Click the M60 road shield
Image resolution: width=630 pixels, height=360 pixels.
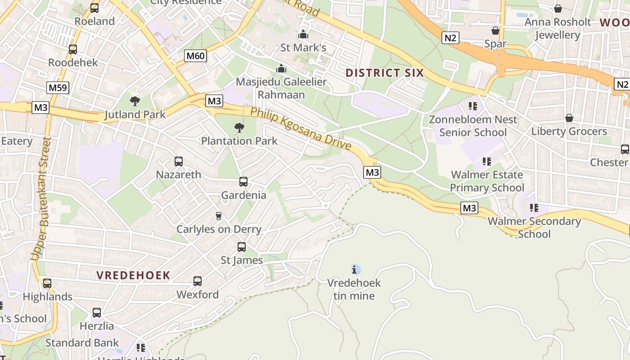(x=196, y=56)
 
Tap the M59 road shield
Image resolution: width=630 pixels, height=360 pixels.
(x=58, y=87)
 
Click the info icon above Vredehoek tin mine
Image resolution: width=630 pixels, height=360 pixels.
(x=355, y=270)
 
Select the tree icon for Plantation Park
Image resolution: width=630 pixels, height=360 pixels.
(x=239, y=128)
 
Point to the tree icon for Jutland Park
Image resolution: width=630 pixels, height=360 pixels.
(x=135, y=101)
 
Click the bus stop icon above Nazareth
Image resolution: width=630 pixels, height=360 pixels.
(x=179, y=162)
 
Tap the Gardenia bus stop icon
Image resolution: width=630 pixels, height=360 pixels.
(x=243, y=182)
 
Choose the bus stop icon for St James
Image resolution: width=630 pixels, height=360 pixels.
(x=242, y=247)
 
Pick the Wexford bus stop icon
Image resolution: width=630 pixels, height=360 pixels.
(x=198, y=281)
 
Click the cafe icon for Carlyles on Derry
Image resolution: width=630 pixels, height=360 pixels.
(x=219, y=216)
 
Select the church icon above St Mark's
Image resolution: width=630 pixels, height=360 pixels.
(x=303, y=34)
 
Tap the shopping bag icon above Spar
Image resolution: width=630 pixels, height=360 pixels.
(x=495, y=31)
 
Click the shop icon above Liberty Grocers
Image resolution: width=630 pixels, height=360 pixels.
(x=569, y=118)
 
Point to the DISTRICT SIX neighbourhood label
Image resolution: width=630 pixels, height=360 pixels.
(x=385, y=73)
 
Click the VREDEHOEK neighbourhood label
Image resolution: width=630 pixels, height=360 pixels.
(x=133, y=275)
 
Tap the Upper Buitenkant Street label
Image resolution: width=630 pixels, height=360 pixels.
(x=40, y=198)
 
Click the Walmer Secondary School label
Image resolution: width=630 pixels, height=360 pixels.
(x=534, y=227)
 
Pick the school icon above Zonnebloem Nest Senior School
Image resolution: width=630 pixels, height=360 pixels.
(x=473, y=106)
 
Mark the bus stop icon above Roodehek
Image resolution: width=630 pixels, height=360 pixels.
(x=73, y=49)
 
